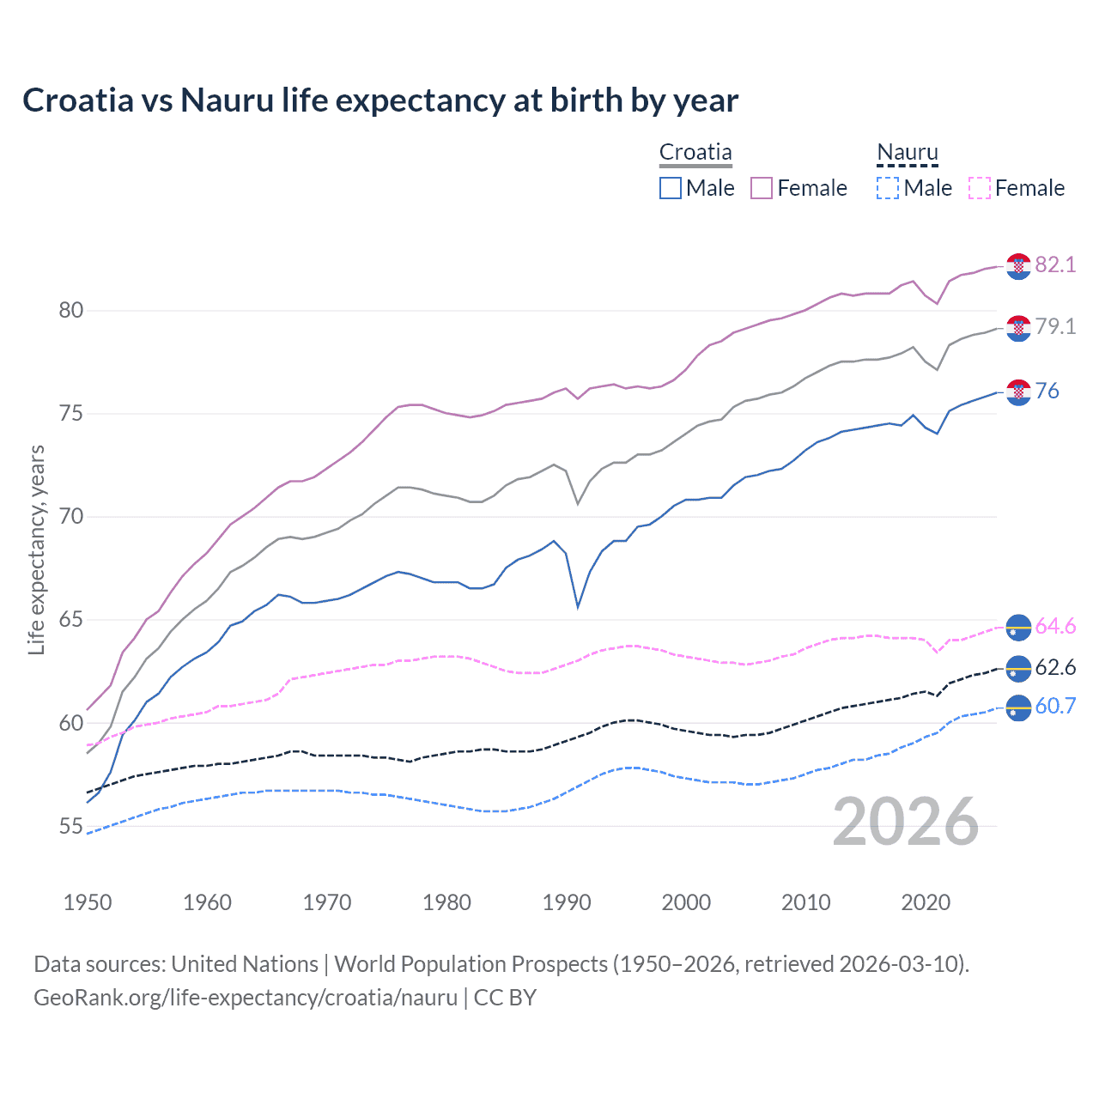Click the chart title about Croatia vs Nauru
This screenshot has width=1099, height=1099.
click(x=380, y=100)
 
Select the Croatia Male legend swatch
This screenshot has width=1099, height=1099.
click(x=671, y=188)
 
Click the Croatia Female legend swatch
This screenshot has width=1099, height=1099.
click(x=762, y=188)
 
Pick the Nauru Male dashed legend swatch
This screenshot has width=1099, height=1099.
click(x=888, y=188)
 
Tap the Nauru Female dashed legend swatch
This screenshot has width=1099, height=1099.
click(x=979, y=188)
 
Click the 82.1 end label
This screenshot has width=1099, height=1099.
click(x=1055, y=264)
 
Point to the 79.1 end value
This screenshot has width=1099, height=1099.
click(x=1055, y=326)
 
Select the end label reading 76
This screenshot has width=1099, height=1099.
click(x=1047, y=391)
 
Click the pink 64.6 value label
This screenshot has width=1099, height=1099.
click(x=1055, y=626)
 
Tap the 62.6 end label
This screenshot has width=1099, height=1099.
click(x=1055, y=667)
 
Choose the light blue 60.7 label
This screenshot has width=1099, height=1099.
click(x=1055, y=706)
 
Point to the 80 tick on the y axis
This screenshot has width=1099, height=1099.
click(x=71, y=310)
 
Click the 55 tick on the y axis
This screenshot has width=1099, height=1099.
click(x=71, y=826)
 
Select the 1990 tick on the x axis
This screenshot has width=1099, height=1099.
click(x=567, y=902)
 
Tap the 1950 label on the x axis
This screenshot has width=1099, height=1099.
click(x=88, y=902)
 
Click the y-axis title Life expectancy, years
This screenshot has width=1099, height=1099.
click(x=36, y=549)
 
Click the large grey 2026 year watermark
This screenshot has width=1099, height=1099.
click(x=906, y=822)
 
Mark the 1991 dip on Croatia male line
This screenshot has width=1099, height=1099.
click(x=578, y=606)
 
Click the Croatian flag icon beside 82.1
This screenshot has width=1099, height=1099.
click(x=1018, y=266)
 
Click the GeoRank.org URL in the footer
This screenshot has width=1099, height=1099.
click(x=246, y=997)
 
